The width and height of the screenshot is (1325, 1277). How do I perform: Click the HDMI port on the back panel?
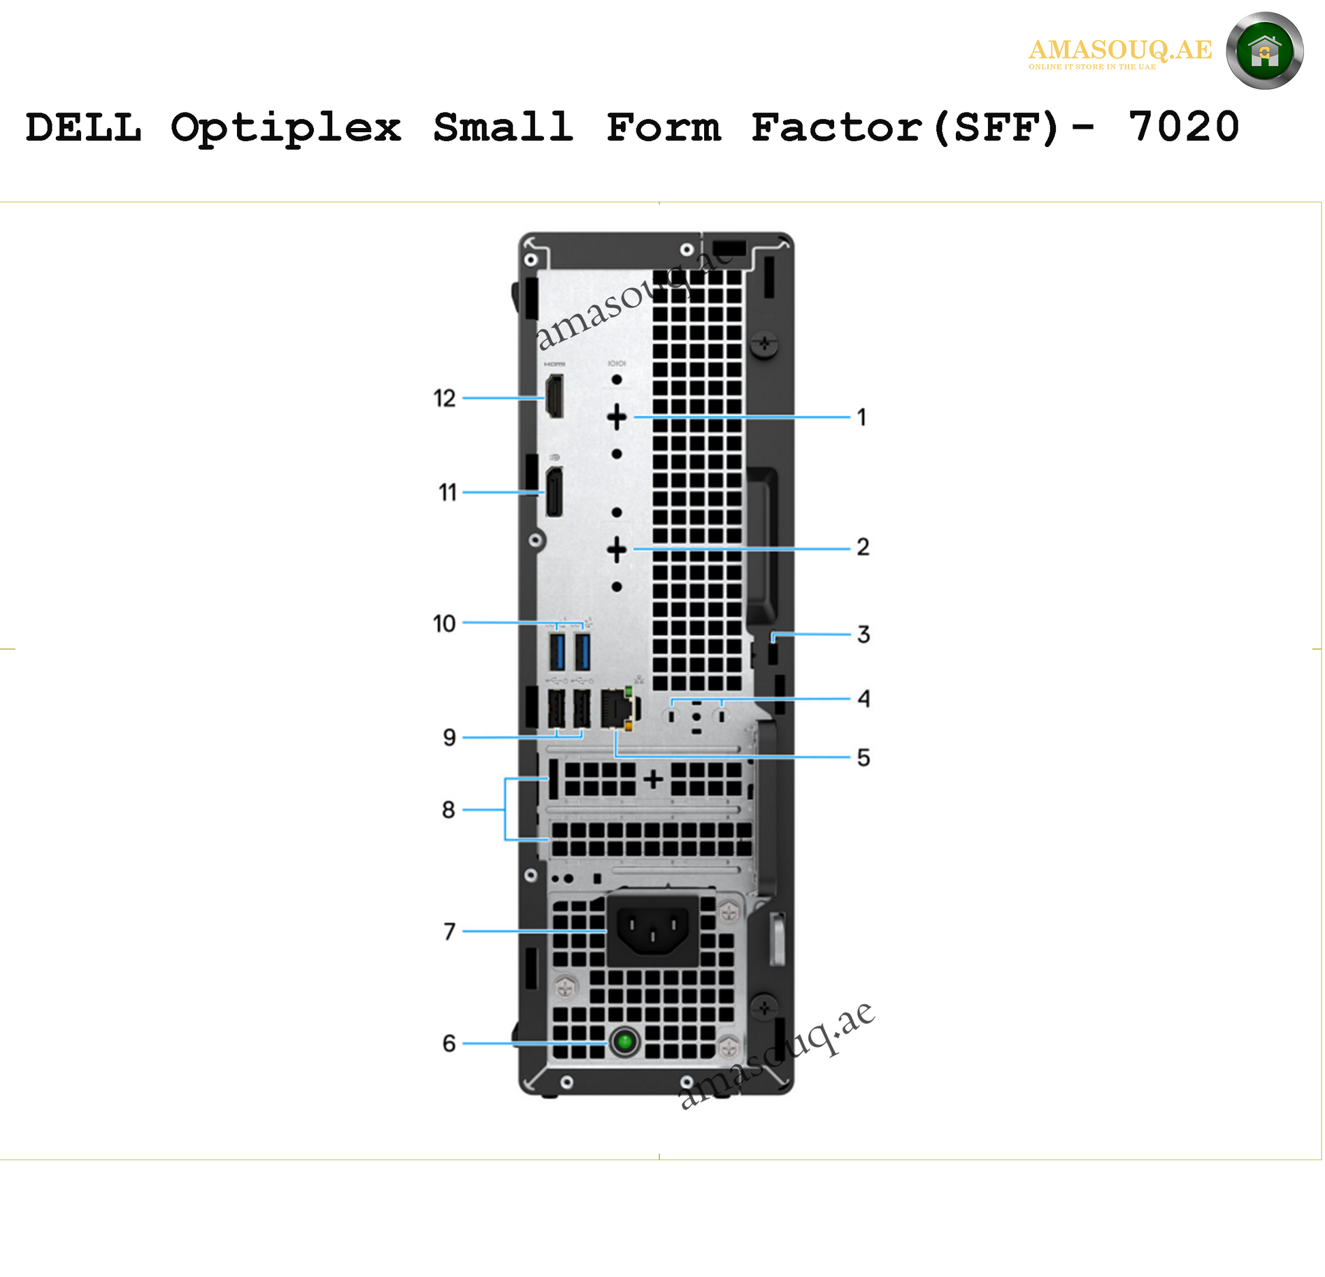coord(554,396)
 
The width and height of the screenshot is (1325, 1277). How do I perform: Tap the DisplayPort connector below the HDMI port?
coord(554,492)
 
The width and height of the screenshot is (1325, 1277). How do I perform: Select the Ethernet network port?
coord(616,709)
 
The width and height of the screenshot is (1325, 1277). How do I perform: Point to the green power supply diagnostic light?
coord(624,1041)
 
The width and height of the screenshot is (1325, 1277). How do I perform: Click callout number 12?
coord(445,398)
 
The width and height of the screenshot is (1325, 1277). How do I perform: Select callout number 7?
coord(449,931)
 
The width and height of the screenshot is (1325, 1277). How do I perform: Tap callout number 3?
coord(863,635)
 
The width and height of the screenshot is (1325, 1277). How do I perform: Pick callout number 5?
coord(863,758)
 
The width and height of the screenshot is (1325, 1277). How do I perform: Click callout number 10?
coord(445,623)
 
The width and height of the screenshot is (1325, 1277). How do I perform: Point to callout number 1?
coord(862,417)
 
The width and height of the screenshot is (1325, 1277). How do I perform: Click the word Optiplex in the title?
coord(286,127)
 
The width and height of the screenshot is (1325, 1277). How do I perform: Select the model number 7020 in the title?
coord(1183,127)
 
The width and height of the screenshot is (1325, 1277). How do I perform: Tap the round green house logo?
coord(1264,51)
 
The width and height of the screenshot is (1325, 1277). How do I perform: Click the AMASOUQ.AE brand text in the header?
coord(1120,50)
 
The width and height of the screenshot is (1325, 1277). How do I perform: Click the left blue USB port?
coord(557,652)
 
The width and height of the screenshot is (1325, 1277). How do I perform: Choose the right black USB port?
coord(581,709)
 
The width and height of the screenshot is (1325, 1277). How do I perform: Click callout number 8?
coord(448,810)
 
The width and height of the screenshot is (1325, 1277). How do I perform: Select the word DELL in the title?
coord(84,127)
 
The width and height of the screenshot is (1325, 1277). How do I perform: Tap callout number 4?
coord(863,699)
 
